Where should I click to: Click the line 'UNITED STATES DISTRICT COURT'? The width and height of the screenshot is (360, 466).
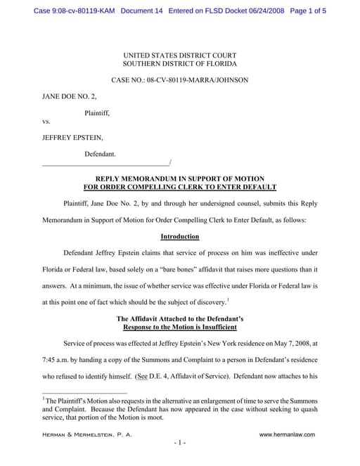point(180,56)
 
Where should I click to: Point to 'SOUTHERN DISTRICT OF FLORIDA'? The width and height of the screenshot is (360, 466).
point(180,65)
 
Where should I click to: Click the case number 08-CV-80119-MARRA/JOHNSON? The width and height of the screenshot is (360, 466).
point(197,81)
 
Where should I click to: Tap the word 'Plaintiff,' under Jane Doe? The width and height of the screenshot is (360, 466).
point(97,112)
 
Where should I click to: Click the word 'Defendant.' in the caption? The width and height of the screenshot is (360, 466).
point(100,153)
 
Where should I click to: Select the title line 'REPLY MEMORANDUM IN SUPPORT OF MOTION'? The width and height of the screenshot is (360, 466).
point(180,180)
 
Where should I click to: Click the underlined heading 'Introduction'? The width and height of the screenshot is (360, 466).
point(180,237)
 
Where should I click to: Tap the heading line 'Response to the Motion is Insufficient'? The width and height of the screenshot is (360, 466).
point(180,328)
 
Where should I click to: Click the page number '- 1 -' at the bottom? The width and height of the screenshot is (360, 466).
point(180,444)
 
